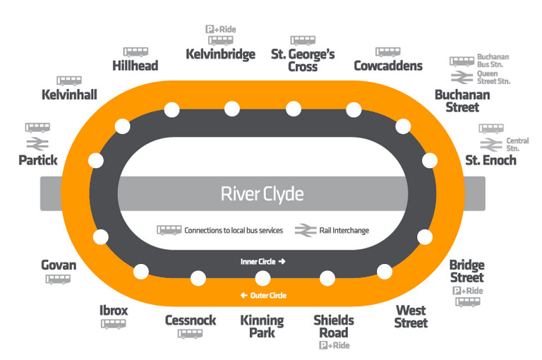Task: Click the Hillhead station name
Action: pyautogui.click(x=135, y=66)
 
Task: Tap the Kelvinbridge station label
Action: pyautogui.click(x=220, y=54)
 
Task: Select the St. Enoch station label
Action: pyautogui.click(x=490, y=160)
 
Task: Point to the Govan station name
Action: pyautogui.click(x=59, y=265)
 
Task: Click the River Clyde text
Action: pyautogui.click(x=263, y=193)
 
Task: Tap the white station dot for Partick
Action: pyautogui.click(x=92, y=160)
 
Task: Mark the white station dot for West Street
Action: pyautogui.click(x=385, y=271)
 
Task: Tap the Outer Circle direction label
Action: pyautogui.click(x=263, y=295)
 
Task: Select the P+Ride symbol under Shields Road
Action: pyautogui.click(x=334, y=346)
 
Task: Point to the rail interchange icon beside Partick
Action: pyautogui.click(x=38, y=143)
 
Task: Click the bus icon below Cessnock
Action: pyautogui.click(x=190, y=334)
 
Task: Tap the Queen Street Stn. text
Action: pyautogui.click(x=493, y=77)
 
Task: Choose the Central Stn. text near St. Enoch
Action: pyautogui.click(x=517, y=145)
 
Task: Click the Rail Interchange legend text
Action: pyautogui.click(x=343, y=230)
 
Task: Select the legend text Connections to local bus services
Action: pyautogui.click(x=233, y=230)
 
